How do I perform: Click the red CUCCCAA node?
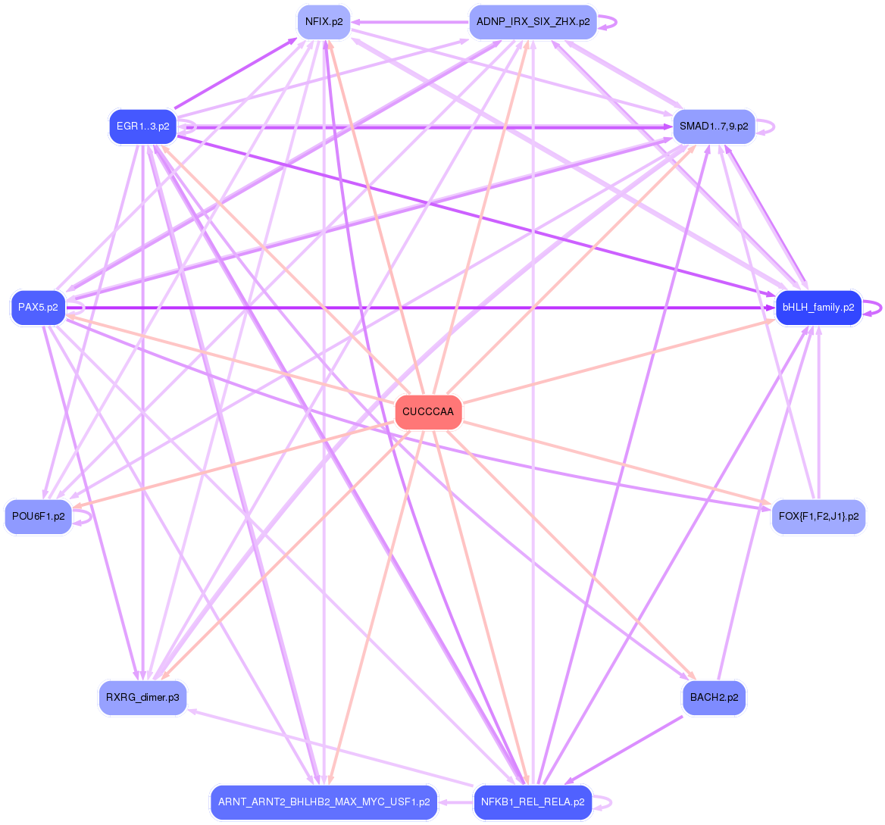[x=428, y=412]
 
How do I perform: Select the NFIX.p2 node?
[x=324, y=22]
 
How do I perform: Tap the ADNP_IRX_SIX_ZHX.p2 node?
[x=533, y=22]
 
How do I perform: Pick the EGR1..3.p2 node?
[x=142, y=127]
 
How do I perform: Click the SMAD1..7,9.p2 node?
[x=714, y=127]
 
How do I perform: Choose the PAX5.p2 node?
[x=38, y=308]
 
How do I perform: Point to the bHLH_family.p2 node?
[x=818, y=308]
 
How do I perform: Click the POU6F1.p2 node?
[x=38, y=517]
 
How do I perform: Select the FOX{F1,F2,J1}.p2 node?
[x=818, y=517]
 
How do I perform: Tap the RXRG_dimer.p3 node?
[x=142, y=698]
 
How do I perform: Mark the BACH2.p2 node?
[x=714, y=698]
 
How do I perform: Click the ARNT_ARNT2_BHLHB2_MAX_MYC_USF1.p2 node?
[x=324, y=802]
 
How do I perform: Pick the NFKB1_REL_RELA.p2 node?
[x=533, y=802]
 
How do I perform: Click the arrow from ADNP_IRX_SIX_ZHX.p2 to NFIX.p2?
[x=409, y=22]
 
